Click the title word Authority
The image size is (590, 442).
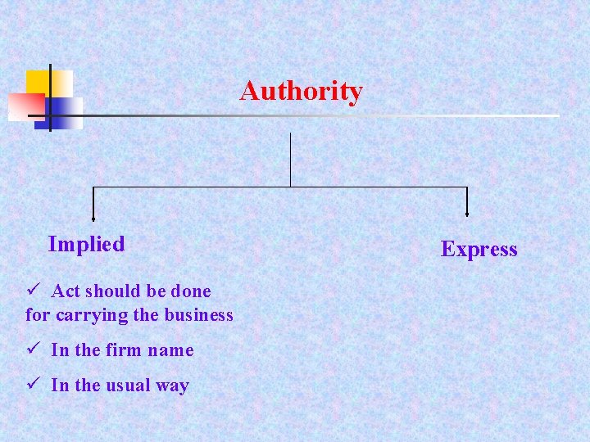(x=301, y=91)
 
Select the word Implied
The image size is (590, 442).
(x=86, y=244)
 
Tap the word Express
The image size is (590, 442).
(x=479, y=249)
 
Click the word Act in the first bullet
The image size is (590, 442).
(x=66, y=291)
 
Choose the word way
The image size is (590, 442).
(x=173, y=386)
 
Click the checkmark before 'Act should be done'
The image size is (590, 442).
(x=34, y=291)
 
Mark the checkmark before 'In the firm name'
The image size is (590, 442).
(x=34, y=350)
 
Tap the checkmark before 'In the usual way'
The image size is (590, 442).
(x=34, y=385)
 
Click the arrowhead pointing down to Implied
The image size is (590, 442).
(x=93, y=218)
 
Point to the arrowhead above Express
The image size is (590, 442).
(x=467, y=214)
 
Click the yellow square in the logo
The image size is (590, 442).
(x=49, y=83)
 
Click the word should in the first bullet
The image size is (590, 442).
(x=111, y=291)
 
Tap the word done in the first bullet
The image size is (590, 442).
(x=192, y=291)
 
